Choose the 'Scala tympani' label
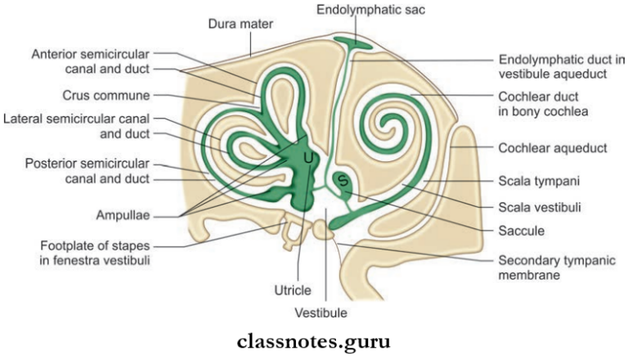pos(539,178)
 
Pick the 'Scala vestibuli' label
pos(541,206)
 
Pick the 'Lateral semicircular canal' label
pos(80,120)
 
